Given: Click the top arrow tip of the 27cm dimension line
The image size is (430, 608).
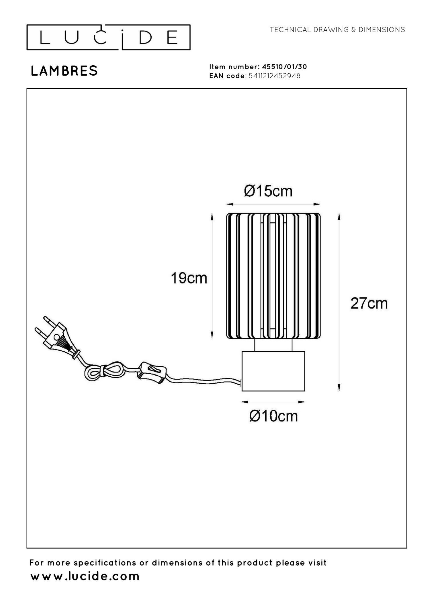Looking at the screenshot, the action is click(x=339, y=213).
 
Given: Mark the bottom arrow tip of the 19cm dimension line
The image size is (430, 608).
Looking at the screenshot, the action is click(x=212, y=338).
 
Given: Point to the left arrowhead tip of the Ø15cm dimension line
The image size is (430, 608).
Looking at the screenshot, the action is click(x=226, y=204).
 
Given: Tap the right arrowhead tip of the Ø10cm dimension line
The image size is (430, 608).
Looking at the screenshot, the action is click(x=305, y=402).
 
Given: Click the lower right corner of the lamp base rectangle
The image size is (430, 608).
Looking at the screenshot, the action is click(x=305, y=391).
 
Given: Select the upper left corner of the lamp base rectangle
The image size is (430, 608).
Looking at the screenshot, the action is click(x=242, y=352).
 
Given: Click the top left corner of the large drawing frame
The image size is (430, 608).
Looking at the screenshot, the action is click(x=27, y=89).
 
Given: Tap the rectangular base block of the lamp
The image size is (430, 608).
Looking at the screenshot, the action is click(x=273, y=371).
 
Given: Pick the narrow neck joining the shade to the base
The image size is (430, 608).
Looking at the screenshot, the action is click(x=273, y=345).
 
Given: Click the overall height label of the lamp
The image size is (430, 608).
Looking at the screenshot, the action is click(x=369, y=303).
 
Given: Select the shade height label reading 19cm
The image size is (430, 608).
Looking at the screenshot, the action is click(x=189, y=278).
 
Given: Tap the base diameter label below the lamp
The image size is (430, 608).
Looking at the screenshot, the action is click(x=273, y=416).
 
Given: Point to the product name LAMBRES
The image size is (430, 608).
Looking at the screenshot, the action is click(x=64, y=71).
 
